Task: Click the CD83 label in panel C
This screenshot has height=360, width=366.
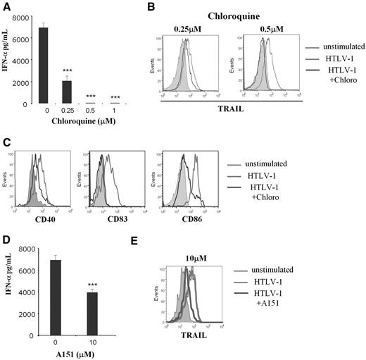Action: [x=113, y=213]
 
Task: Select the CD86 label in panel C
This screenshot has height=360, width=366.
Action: [x=189, y=213]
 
